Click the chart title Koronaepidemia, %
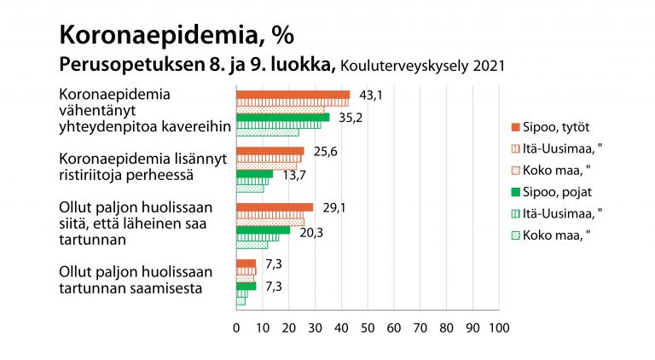click(x=174, y=34)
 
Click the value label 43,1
click(x=369, y=95)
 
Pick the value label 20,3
click(x=310, y=229)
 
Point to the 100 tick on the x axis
click(x=499, y=327)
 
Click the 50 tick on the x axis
click(x=368, y=327)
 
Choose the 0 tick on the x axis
click(x=236, y=327)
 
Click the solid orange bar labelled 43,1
click(x=293, y=95)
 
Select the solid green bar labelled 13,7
click(x=254, y=173)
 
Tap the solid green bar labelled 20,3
click(x=263, y=229)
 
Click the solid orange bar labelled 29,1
click(x=275, y=207)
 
